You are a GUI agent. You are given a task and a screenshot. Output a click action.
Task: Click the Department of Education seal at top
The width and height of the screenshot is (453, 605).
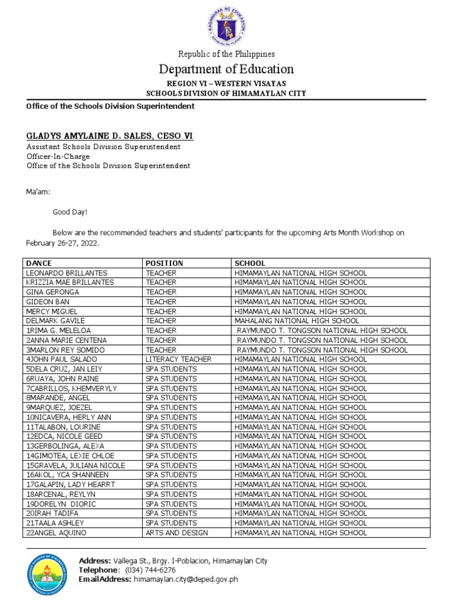(x=226, y=24)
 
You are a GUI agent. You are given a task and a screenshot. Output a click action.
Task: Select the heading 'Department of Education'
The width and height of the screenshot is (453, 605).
(x=226, y=69)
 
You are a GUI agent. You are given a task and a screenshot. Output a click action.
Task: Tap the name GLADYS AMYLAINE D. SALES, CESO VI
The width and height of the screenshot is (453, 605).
(x=109, y=136)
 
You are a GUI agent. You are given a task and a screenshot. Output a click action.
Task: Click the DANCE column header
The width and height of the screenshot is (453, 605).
(x=39, y=263)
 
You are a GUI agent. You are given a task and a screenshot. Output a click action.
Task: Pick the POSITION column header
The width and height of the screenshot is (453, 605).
(x=165, y=263)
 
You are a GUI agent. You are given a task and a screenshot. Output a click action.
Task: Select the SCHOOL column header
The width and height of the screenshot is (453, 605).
(x=250, y=263)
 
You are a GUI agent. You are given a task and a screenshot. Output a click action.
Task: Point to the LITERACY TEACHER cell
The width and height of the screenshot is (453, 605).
(x=179, y=359)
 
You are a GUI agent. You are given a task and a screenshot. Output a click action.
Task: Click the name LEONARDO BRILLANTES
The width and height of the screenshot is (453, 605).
(x=67, y=273)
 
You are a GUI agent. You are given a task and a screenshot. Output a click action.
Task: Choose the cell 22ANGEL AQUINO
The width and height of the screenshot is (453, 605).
(x=56, y=533)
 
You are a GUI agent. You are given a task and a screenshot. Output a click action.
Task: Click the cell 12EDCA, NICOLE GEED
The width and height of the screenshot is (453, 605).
(x=64, y=436)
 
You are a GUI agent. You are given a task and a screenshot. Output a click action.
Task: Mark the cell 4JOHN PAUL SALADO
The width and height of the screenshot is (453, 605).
(x=61, y=359)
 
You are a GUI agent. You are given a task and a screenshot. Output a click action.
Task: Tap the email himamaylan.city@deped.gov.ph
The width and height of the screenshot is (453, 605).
(x=186, y=580)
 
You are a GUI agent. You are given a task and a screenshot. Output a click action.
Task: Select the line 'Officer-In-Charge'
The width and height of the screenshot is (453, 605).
(x=58, y=157)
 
